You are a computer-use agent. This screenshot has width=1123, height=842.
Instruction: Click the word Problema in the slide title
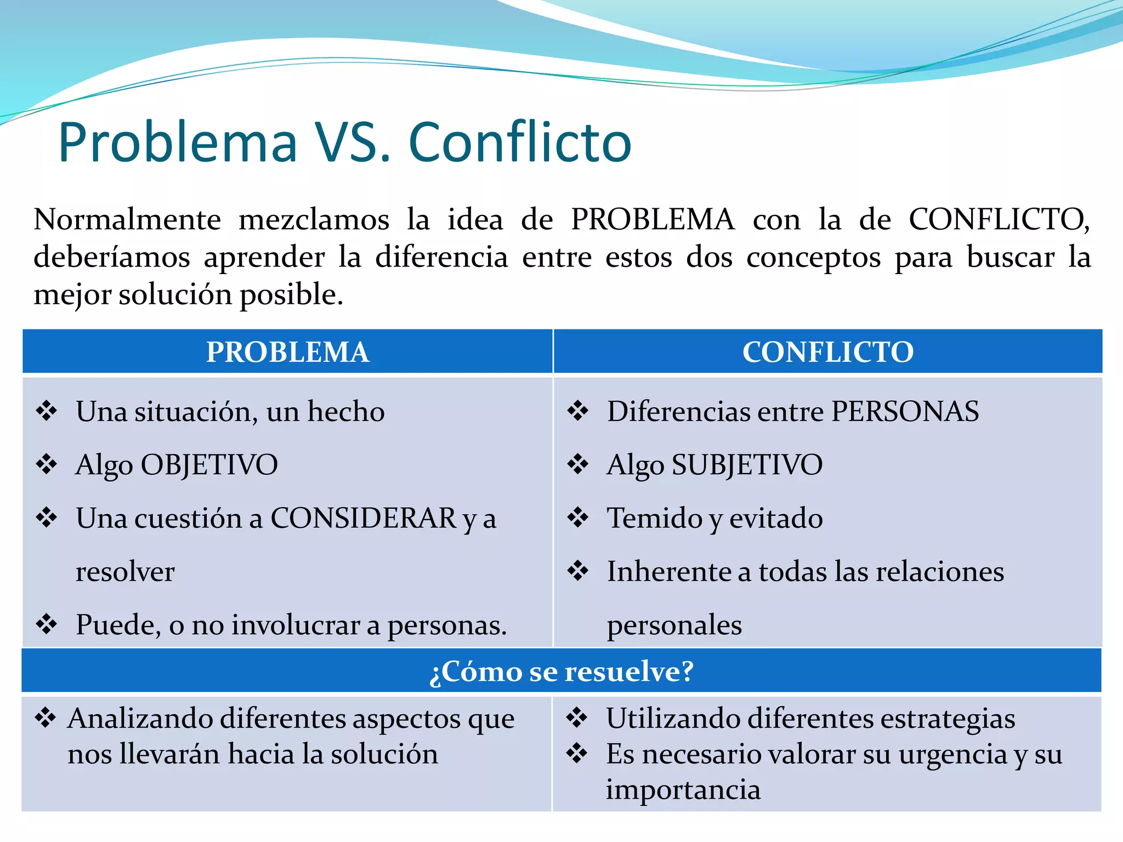coord(178,143)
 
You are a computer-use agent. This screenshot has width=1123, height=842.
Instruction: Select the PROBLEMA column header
coord(287,352)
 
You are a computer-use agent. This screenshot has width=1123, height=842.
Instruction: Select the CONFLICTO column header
coord(827,352)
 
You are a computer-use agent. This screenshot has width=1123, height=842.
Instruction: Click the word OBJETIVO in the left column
coord(209,465)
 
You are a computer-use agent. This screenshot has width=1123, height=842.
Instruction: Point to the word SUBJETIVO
coord(747,465)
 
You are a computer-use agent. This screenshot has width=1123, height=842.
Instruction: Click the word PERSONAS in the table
coord(905,411)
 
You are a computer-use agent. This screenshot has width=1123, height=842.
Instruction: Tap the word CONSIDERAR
coord(364,518)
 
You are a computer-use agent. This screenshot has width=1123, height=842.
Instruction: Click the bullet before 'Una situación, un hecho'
coord(47,411)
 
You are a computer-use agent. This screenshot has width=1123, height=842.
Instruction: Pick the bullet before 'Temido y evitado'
coord(578,517)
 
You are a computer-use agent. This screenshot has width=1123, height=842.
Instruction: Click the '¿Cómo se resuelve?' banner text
coord(561,671)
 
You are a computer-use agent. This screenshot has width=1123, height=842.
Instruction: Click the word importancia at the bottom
coord(683,789)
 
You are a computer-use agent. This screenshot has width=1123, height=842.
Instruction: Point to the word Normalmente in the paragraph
coord(127,220)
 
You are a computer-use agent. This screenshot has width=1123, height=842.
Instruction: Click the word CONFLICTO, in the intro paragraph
coord(999,220)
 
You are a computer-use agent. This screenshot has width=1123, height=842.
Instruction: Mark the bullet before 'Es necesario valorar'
coord(577,753)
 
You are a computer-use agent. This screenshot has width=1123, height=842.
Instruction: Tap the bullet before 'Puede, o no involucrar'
coord(47,624)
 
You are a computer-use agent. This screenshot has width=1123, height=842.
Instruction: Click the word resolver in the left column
coord(125,572)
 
